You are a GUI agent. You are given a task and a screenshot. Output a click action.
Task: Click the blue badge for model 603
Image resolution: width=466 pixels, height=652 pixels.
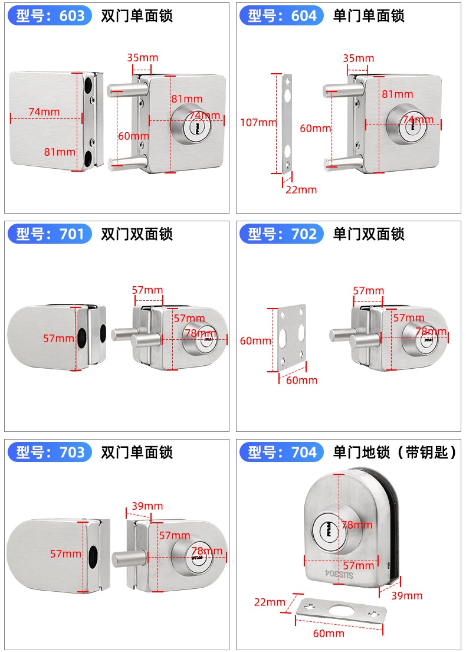pyautogui.click(x=50, y=16)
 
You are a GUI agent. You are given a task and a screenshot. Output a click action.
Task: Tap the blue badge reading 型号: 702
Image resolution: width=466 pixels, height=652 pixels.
pyautogui.click(x=282, y=234)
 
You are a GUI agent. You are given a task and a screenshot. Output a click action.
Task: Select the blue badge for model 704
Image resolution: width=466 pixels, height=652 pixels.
pyautogui.click(x=282, y=453)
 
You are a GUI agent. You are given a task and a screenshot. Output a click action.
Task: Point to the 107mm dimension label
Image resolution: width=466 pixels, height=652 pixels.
pyautogui.click(x=258, y=123)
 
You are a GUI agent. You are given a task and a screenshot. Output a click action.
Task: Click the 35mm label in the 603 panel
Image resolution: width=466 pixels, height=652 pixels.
pyautogui.click(x=142, y=57)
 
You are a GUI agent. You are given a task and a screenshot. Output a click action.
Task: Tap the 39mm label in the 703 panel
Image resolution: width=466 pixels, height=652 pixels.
pyautogui.click(x=147, y=506)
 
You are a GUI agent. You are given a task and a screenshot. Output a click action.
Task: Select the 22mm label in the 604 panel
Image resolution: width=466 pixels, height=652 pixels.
pyautogui.click(x=301, y=189)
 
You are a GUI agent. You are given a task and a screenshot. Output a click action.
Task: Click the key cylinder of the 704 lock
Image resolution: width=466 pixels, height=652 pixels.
pyautogui.click(x=327, y=529)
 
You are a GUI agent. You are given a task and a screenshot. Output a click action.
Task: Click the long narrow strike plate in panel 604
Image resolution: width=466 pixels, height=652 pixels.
pyautogui.click(x=287, y=124)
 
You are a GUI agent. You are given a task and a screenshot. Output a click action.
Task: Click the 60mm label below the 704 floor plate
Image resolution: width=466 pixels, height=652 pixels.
pyautogui.click(x=329, y=633)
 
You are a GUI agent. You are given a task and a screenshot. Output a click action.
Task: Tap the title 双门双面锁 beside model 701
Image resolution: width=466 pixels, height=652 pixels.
pyautogui.click(x=137, y=234)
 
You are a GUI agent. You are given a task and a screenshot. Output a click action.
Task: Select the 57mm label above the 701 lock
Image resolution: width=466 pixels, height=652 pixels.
pyautogui.click(x=147, y=290)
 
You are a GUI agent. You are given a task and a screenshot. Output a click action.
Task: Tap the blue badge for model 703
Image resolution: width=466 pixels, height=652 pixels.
pyautogui.click(x=50, y=453)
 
